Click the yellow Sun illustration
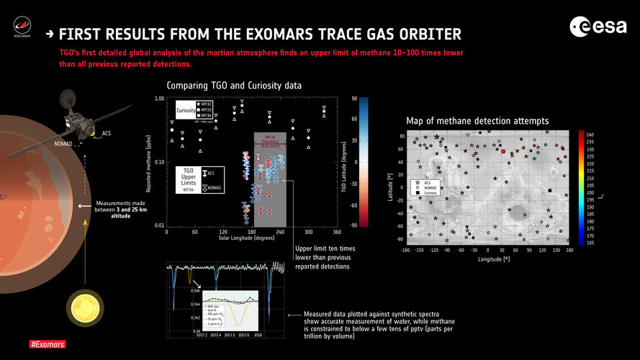[82, 307]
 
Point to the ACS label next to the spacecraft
[107, 133]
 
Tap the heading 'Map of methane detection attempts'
[477, 121]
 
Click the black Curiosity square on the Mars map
[550, 191]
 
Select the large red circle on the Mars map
[502, 152]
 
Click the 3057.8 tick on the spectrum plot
[242, 335]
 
